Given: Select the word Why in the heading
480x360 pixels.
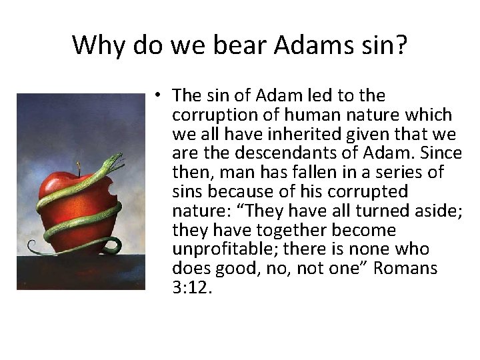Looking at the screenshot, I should pos(99,45).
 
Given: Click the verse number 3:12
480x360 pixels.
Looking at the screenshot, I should pos(191,288).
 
